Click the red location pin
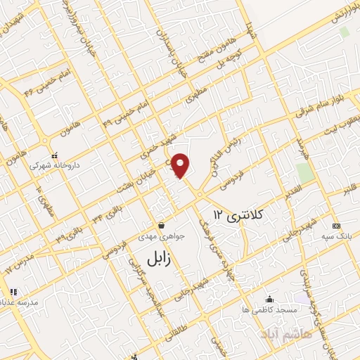pyautogui.click(x=181, y=165)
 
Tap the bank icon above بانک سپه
pyautogui.click(x=336, y=226)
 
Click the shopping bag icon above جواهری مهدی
pyautogui.click(x=162, y=225)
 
